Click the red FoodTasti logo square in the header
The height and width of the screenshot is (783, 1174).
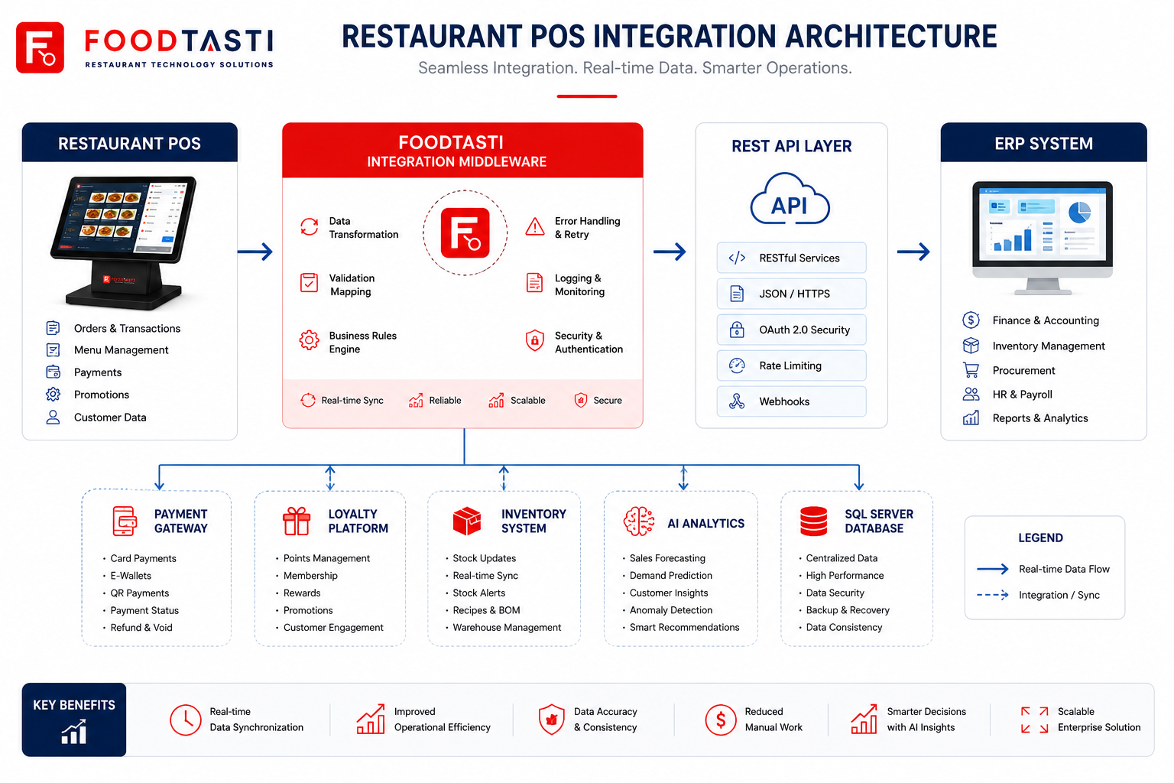40,47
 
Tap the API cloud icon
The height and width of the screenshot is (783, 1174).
790,200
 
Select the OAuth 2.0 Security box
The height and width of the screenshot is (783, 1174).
791,330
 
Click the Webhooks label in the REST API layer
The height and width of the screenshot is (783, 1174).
784,401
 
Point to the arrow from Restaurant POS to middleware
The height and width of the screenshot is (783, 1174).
255,252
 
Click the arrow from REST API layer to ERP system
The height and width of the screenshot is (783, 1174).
913,252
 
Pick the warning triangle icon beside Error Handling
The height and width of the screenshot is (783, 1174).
534,226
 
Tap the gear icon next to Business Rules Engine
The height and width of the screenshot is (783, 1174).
310,340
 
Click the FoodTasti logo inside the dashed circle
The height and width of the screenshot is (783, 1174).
465,233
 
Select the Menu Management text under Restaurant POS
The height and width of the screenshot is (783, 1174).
121,349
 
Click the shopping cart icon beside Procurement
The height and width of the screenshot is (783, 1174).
971,370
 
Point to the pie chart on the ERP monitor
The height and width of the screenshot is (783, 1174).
1079,213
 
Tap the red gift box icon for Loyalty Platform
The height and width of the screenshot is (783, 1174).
297,521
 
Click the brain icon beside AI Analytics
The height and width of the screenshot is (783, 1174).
639,521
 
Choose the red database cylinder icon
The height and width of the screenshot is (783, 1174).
813,521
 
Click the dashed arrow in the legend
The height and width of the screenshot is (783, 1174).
993,595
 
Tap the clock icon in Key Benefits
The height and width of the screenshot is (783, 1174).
186,720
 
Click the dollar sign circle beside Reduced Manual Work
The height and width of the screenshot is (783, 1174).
721,720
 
